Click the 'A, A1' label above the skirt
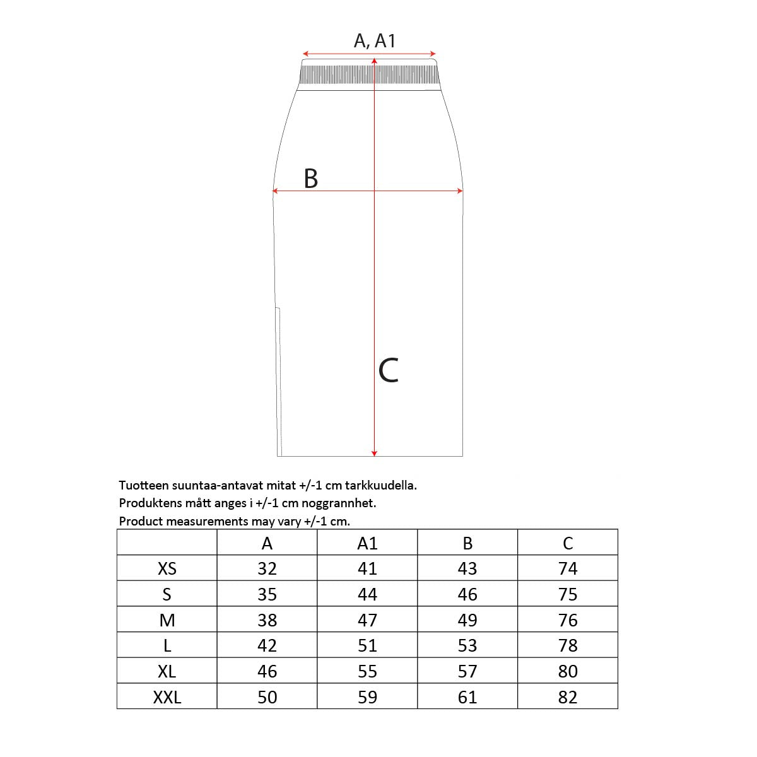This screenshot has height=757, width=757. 374,41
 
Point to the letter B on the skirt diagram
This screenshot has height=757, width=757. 311,179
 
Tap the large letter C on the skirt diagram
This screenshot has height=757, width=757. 389,370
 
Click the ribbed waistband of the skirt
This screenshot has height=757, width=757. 369,74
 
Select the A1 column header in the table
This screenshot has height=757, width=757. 367,543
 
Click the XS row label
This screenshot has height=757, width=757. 167,568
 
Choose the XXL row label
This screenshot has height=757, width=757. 167,697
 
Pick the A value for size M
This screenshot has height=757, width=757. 267,620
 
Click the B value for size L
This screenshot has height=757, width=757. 467,645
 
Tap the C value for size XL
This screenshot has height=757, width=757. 568,671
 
